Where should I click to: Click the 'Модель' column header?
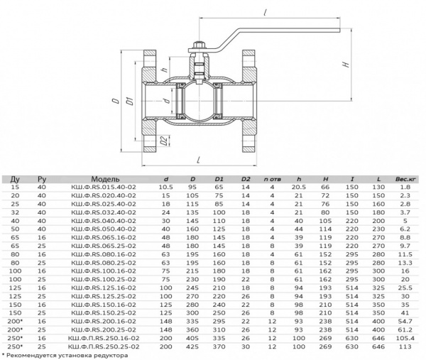[105, 179]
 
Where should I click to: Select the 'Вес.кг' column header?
[405, 179]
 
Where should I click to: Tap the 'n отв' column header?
[272, 179]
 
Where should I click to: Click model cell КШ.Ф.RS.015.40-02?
[104, 187]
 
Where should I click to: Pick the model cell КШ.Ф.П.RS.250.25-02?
[104, 347]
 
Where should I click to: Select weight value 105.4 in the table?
[405, 338]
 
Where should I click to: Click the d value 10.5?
[165, 187]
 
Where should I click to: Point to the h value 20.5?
[299, 187]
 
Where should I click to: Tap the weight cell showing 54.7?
[405, 322]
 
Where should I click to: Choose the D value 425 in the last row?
[192, 347]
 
